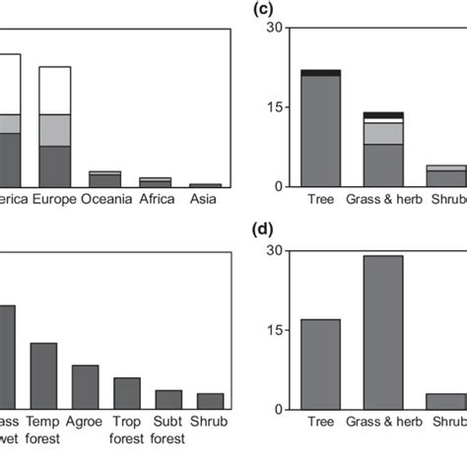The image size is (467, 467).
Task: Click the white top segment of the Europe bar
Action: click(x=54, y=90)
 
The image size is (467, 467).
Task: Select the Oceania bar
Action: click(x=104, y=179)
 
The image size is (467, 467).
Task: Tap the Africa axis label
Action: click(x=156, y=200)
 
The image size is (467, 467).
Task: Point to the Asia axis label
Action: click(x=205, y=200)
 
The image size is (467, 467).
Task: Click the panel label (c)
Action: click(x=263, y=8)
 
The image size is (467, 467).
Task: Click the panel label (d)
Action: click(x=263, y=231)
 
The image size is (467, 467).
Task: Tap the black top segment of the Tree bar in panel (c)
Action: click(x=320, y=73)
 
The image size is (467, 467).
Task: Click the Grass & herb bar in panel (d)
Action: click(x=382, y=332)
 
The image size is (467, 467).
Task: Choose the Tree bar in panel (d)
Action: click(x=320, y=364)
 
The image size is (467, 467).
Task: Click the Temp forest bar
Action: click(x=43, y=375)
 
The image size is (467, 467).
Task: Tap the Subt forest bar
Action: click(x=168, y=399)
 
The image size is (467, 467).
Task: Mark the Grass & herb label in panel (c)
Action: click(x=382, y=200)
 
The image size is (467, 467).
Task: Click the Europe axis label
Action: click(x=55, y=200)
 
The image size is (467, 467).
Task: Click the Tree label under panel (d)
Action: click(x=320, y=423)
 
